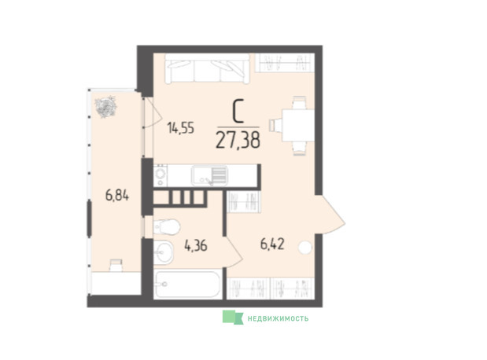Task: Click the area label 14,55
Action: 180,128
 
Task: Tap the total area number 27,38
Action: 238,140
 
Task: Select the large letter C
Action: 238,112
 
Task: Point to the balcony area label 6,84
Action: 117,196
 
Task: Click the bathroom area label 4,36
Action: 196,246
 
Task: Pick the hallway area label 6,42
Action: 272,244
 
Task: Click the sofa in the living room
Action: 207,69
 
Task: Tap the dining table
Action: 298,125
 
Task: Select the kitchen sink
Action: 209,175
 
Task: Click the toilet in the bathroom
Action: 167,227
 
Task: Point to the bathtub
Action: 187,285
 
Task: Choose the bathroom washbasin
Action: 164,252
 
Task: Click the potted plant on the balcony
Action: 106,107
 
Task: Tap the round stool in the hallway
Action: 305,248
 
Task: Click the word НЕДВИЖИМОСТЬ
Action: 278,318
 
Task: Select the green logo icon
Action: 233,318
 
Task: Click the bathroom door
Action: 233,252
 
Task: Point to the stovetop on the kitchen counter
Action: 160,175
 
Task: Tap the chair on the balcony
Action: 116,266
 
